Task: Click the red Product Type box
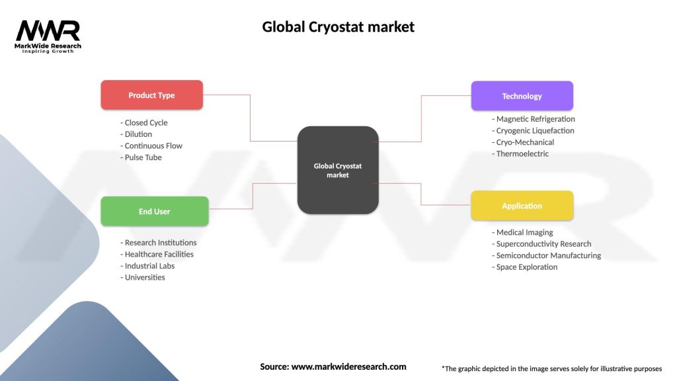click(151, 95)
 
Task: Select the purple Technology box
click(522, 96)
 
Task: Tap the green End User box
click(154, 212)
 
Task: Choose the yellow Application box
click(522, 206)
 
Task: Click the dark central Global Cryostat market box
click(338, 170)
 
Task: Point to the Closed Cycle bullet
click(145, 122)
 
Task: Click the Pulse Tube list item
click(142, 157)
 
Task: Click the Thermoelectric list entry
click(521, 154)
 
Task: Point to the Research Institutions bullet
click(159, 243)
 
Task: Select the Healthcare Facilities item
click(158, 254)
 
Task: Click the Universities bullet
click(143, 277)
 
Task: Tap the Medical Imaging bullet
click(523, 232)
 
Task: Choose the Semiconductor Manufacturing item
click(547, 255)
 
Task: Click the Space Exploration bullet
click(526, 267)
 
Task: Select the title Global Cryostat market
click(338, 27)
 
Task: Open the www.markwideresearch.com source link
click(348, 366)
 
